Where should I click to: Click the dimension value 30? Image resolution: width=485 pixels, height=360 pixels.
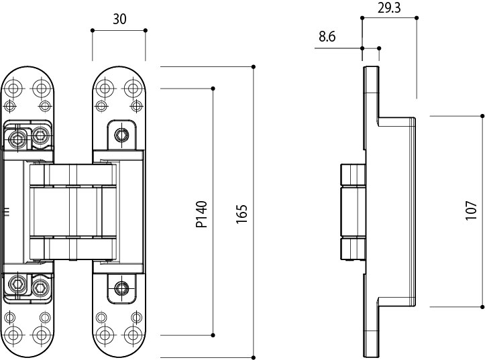coord(119,19)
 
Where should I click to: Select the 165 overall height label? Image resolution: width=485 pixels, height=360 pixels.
coord(243,214)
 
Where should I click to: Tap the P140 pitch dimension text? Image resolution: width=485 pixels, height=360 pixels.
coord(202,214)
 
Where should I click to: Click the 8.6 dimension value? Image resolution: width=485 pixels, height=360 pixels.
coord(327,37)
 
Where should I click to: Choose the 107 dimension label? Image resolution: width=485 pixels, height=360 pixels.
coord(470,211)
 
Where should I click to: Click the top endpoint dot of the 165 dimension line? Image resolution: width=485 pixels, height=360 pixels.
coord(254,66)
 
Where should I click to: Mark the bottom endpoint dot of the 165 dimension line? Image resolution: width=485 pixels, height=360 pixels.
coord(254,357)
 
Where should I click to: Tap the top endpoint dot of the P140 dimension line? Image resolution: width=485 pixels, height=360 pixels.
coord(213,88)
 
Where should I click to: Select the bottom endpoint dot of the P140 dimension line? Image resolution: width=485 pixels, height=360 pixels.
coord(213,335)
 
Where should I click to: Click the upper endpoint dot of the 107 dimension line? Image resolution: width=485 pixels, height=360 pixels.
coord(482,115)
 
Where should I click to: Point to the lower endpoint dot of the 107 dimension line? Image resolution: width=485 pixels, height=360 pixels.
coord(482,306)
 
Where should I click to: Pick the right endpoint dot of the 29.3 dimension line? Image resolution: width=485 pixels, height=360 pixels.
coord(417,18)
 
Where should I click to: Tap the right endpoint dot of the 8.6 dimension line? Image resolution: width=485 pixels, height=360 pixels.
coord(380,48)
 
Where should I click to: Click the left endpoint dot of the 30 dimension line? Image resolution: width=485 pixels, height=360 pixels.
coord(92,30)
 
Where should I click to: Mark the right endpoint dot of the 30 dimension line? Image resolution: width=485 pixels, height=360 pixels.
coord(146,30)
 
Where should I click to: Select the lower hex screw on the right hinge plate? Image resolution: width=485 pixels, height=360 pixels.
coord(121,289)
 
